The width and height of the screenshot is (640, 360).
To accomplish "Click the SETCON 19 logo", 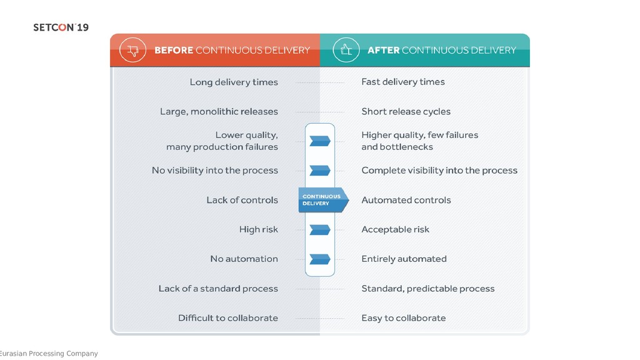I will tap(61, 27).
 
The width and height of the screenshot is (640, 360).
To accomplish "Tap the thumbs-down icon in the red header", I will tap(132, 51).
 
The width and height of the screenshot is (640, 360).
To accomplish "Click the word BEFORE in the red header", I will tap(174, 51).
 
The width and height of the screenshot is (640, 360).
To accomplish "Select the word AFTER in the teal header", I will tap(383, 51).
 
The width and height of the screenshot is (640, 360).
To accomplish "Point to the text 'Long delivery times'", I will tap(234, 82).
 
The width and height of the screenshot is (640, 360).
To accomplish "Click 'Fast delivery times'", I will tap(403, 82).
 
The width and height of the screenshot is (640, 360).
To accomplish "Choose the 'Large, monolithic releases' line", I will tap(219, 112).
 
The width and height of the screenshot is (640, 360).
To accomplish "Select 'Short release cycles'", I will tap(406, 112).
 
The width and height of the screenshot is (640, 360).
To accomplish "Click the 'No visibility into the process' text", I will tap(215, 171).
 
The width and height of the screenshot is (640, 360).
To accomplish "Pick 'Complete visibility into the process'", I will tap(439, 171).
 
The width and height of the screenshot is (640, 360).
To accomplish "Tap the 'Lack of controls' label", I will tap(242, 200).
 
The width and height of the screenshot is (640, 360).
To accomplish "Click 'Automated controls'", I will tap(406, 200).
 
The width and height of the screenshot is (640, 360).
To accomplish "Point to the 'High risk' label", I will tap(258, 229).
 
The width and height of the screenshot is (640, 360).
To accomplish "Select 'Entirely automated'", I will tap(404, 259).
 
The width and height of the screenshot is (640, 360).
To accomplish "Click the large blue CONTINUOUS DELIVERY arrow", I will tap(322, 200).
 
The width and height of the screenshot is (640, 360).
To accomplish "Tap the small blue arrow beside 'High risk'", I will tap(320, 229).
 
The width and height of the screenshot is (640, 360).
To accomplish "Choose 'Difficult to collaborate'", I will tap(228, 318).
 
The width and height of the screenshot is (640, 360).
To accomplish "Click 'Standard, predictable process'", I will tap(428, 289).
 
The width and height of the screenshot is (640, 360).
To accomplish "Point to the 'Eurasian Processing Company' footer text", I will tap(49, 354).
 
